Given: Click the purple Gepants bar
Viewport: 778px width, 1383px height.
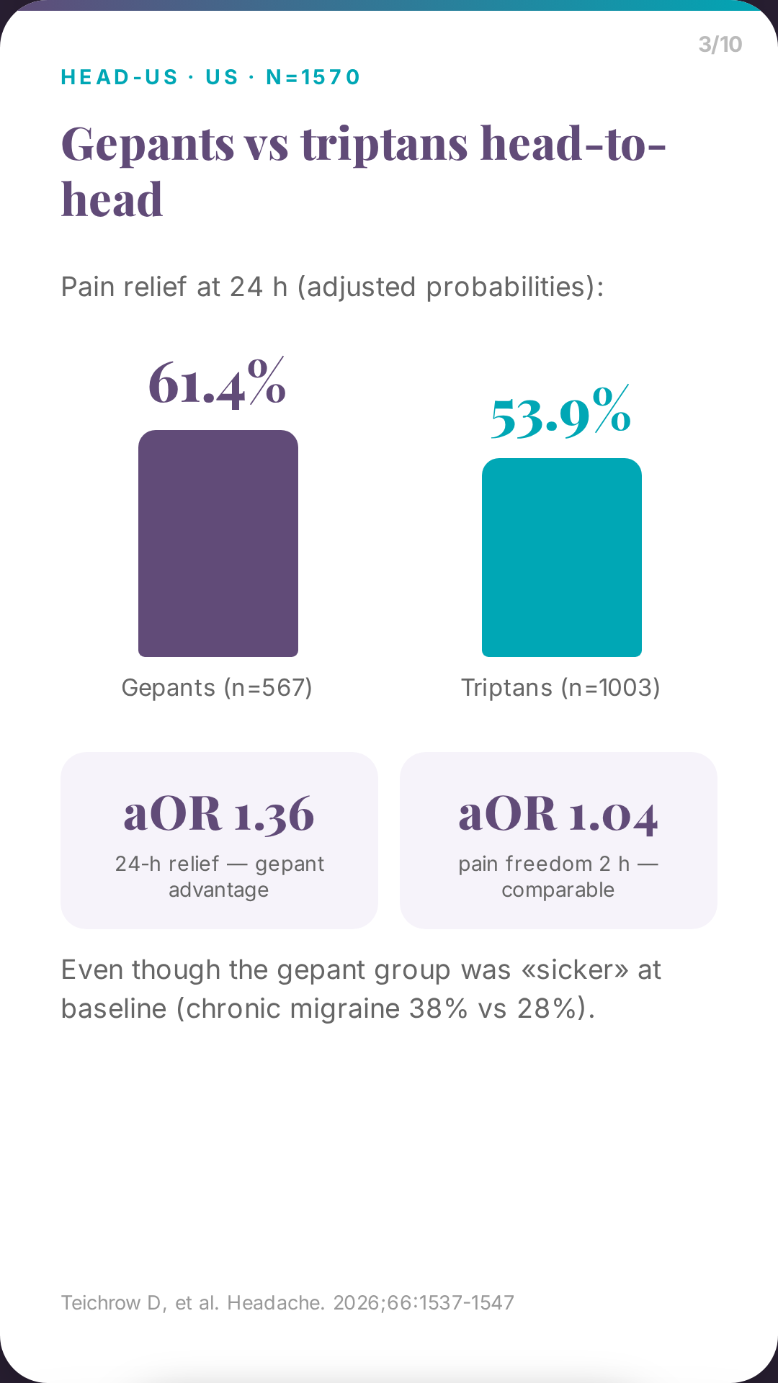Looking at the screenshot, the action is click(218, 543).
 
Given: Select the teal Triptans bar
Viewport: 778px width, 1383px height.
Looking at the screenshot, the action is click(562, 558).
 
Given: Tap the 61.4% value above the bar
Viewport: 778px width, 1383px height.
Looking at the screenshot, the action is click(218, 383).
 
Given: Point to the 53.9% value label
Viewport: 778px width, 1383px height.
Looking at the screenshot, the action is click(561, 412).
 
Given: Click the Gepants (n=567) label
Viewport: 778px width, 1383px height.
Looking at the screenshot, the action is click(217, 688).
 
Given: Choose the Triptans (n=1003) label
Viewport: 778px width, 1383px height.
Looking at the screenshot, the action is click(560, 688).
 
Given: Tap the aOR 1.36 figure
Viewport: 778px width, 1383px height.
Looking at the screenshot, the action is click(219, 814).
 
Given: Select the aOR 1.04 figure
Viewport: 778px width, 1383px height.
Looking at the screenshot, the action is click(558, 814).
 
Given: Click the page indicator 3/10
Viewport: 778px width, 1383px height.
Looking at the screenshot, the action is click(720, 45).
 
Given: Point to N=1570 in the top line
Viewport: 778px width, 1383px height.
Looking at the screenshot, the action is click(313, 77).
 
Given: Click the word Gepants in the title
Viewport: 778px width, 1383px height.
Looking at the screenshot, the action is click(148, 144).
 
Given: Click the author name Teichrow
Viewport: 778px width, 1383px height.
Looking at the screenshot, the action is click(101, 1303).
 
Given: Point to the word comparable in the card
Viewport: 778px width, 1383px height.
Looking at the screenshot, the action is click(558, 890).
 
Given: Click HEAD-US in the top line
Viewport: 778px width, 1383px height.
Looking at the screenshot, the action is click(120, 77).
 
